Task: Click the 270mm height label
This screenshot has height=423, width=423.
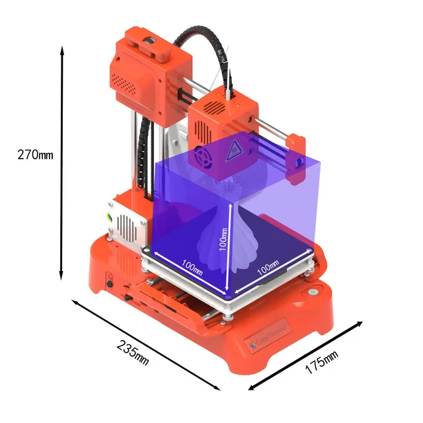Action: [35, 155]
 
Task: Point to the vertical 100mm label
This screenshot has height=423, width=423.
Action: [223, 241]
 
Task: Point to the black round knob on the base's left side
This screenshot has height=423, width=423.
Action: [110, 284]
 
